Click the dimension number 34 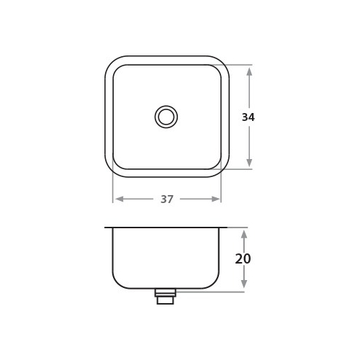[x=248, y=117]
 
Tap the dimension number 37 [x=167, y=199]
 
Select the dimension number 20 [x=243, y=258]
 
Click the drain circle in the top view [x=166, y=117]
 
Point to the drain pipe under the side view [x=166, y=297]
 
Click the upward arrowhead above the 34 [x=249, y=72]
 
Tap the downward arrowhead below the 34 [x=249, y=163]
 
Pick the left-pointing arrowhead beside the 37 [x=120, y=199]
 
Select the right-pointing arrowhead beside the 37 [x=215, y=199]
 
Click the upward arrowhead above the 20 [x=244, y=235]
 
